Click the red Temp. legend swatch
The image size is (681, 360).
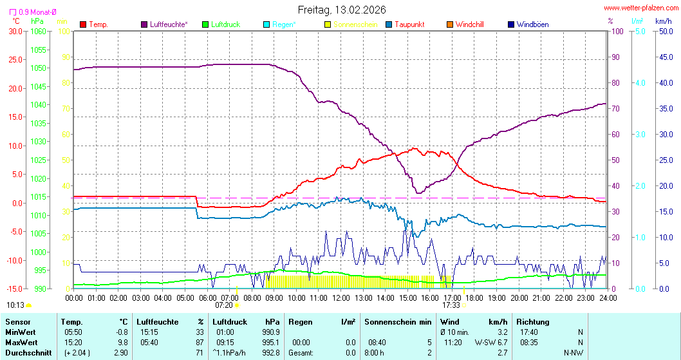(83, 24)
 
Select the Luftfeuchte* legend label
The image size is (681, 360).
(169, 24)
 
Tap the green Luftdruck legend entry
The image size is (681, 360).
(225, 24)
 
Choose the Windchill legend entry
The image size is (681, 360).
(469, 24)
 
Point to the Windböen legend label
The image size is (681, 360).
(532, 24)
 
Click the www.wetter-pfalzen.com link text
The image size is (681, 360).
(640, 8)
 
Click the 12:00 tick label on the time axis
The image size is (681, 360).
(341, 298)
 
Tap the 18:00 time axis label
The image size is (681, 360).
(474, 298)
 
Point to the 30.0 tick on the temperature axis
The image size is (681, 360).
(15, 31)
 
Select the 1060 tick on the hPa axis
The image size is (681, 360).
(38, 31)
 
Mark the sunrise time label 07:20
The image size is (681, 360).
(223, 305)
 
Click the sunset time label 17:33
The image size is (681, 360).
(451, 305)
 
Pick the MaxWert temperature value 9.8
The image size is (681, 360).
(122, 342)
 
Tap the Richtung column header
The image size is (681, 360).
(533, 321)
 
